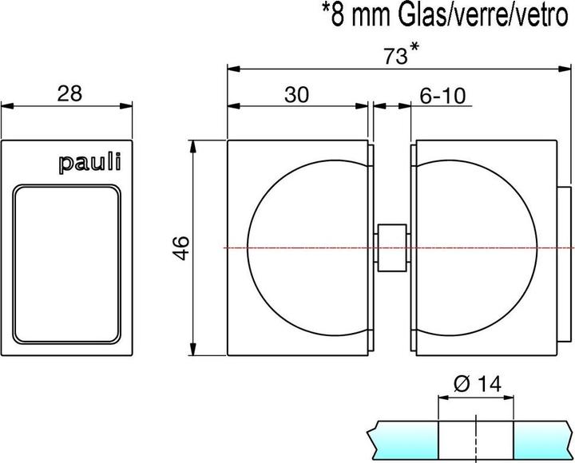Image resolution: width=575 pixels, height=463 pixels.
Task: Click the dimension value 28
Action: (x=69, y=93)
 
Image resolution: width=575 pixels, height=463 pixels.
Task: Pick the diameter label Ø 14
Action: (x=476, y=384)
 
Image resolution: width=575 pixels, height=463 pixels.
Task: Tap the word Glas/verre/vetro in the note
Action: (x=479, y=17)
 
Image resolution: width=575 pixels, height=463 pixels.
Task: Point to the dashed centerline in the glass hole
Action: (x=476, y=439)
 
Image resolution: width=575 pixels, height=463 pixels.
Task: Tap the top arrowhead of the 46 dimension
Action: (x=192, y=144)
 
